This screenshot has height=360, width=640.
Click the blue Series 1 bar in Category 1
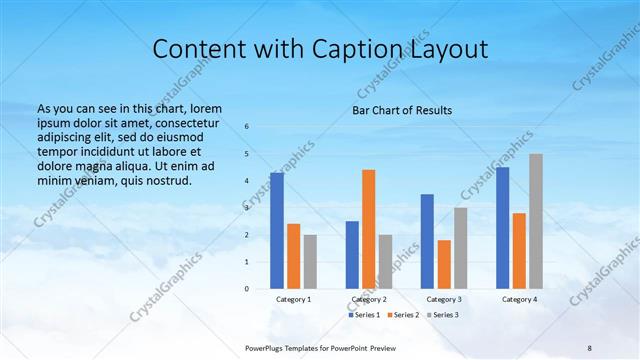click(x=277, y=230)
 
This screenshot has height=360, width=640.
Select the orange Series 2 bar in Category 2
click(x=368, y=229)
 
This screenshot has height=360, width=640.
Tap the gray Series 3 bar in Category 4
click(x=536, y=221)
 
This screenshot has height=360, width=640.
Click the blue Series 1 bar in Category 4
click(x=502, y=227)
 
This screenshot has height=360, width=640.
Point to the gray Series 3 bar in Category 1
click(x=310, y=261)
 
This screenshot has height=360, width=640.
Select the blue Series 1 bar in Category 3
click(x=427, y=241)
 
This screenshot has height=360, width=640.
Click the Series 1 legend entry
click(x=364, y=315)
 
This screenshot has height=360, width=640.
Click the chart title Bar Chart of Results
click(x=402, y=110)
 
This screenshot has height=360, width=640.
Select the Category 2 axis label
click(x=368, y=299)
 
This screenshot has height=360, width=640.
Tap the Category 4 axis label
click(x=518, y=299)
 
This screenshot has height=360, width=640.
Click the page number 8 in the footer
click(x=589, y=347)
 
